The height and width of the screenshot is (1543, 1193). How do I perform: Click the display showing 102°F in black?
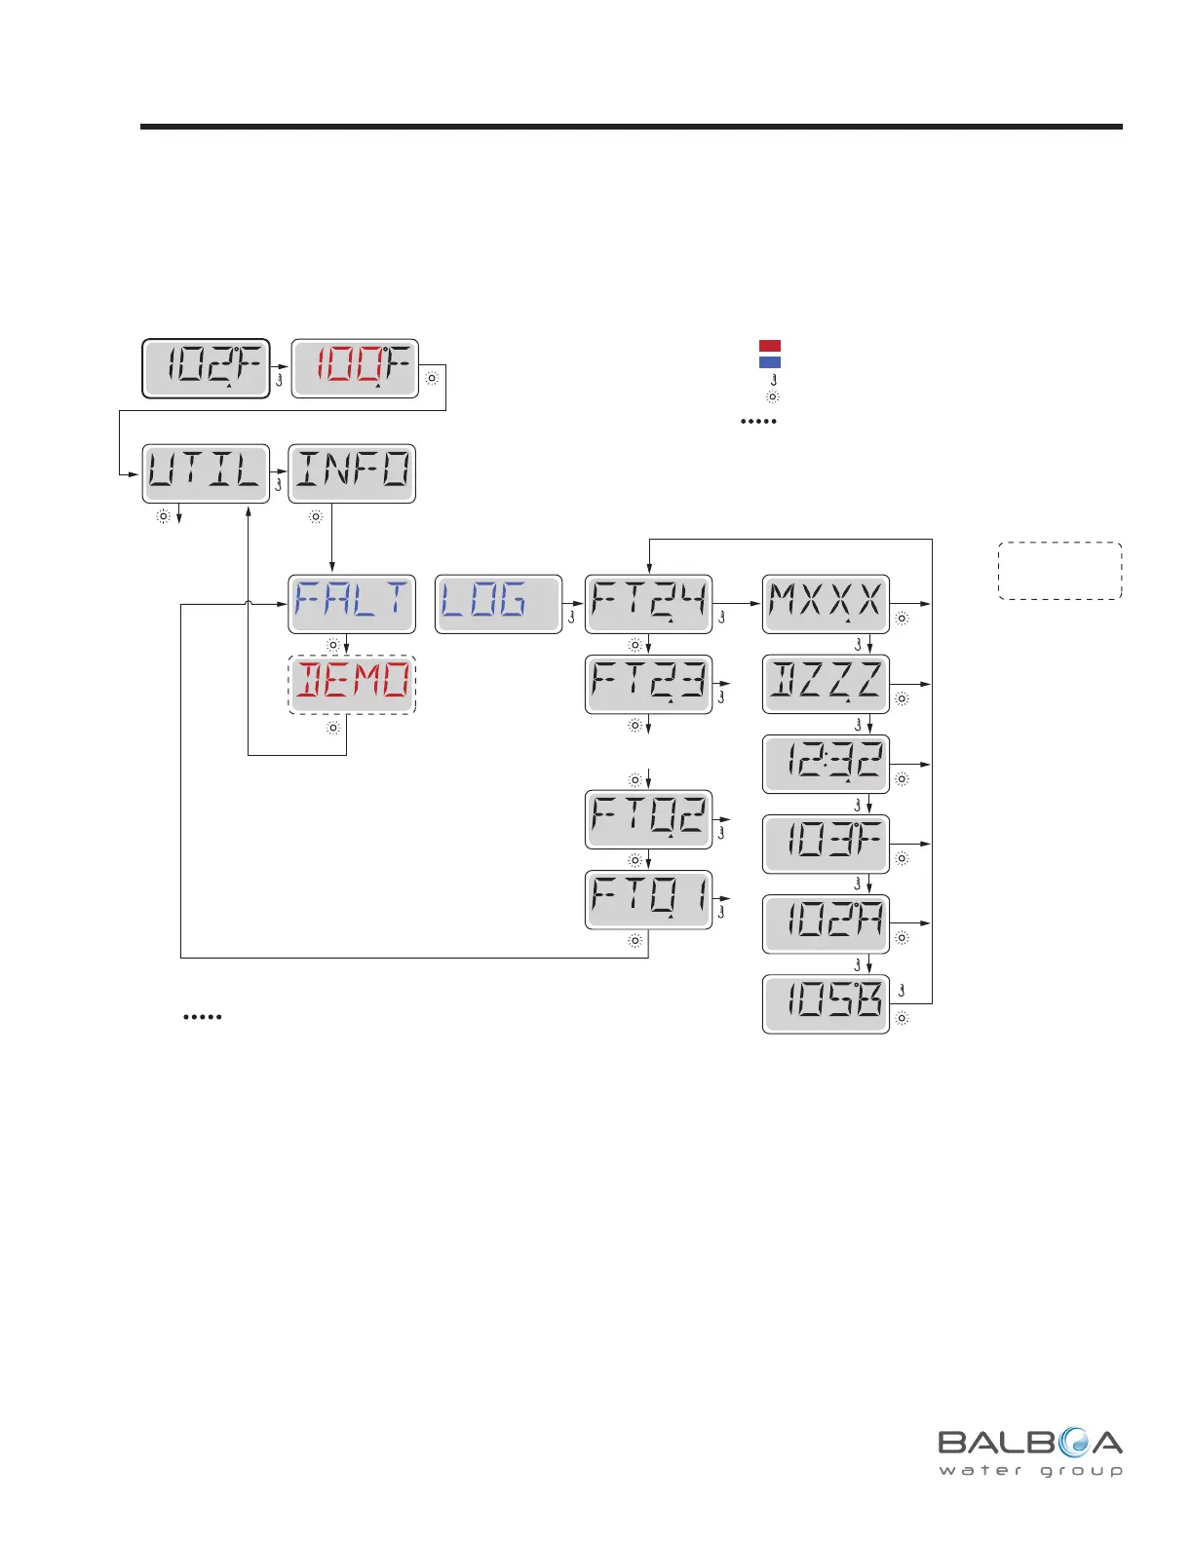[206, 368]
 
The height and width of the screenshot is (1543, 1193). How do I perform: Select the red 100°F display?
[355, 368]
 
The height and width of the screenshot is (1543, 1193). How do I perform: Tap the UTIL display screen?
[206, 473]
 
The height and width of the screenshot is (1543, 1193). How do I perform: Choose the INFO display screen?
[352, 473]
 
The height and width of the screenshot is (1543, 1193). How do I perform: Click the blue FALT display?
[352, 604]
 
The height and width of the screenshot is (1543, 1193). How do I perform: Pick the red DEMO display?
[352, 685]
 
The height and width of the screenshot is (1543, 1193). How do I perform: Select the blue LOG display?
[498, 604]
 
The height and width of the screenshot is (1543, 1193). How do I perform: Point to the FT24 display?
[648, 604]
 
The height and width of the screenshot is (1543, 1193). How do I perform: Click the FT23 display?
[648, 685]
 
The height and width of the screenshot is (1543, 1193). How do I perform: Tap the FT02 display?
[648, 819]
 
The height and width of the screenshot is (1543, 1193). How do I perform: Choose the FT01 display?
[648, 900]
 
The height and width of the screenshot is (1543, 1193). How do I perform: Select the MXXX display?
[826, 604]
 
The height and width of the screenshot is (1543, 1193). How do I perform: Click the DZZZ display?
[826, 684]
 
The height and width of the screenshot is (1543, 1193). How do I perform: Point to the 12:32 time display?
[826, 764]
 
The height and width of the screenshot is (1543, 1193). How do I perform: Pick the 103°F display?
[826, 844]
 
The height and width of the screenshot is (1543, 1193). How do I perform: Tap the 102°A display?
[826, 923]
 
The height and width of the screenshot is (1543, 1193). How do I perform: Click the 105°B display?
[826, 1003]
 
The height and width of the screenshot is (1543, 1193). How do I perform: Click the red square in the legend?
[770, 346]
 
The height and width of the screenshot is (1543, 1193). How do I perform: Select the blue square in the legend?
[770, 362]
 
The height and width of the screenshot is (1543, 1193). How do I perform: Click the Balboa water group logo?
[1030, 1451]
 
